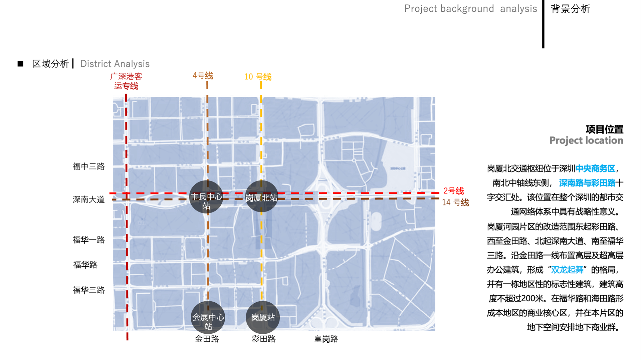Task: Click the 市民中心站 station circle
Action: pos(206,197)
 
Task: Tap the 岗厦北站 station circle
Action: pos(261,197)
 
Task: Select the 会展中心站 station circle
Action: pos(208,318)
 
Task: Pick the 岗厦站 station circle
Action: pos(263,317)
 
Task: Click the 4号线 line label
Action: pos(203,76)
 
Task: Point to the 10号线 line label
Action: pos(258,77)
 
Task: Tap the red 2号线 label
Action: pos(453,191)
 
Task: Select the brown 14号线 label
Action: pos(455,203)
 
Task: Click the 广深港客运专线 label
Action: pos(126,81)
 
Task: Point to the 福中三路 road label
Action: pos(89,166)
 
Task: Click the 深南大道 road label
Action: pos(89,200)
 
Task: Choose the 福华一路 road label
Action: pos(89,240)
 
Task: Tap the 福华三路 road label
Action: pos(89,290)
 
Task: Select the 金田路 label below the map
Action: pos(207,339)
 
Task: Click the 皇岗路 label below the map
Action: pos(326,339)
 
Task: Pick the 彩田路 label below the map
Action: pos(263,339)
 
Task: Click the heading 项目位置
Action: pos(604,129)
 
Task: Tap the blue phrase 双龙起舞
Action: pos(567,270)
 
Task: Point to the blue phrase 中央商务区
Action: pos(595,168)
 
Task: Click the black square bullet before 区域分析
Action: pos(20,64)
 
